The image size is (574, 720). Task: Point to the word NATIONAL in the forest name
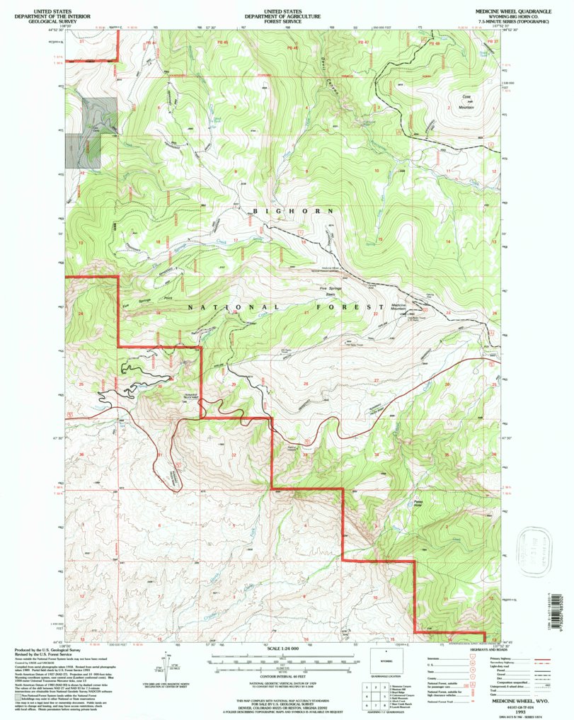click(219, 307)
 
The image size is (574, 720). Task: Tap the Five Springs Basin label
click(331, 291)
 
